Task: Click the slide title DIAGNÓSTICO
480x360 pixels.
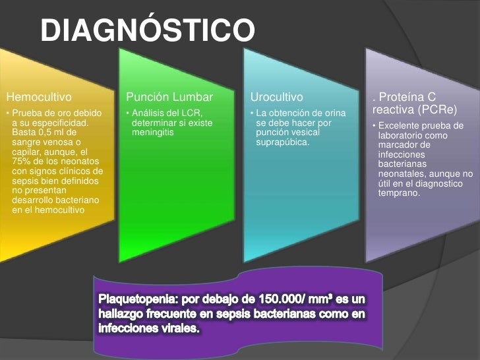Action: point(146,30)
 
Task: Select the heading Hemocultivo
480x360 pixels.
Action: point(34,100)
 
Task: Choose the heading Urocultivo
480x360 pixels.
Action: point(276,100)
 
